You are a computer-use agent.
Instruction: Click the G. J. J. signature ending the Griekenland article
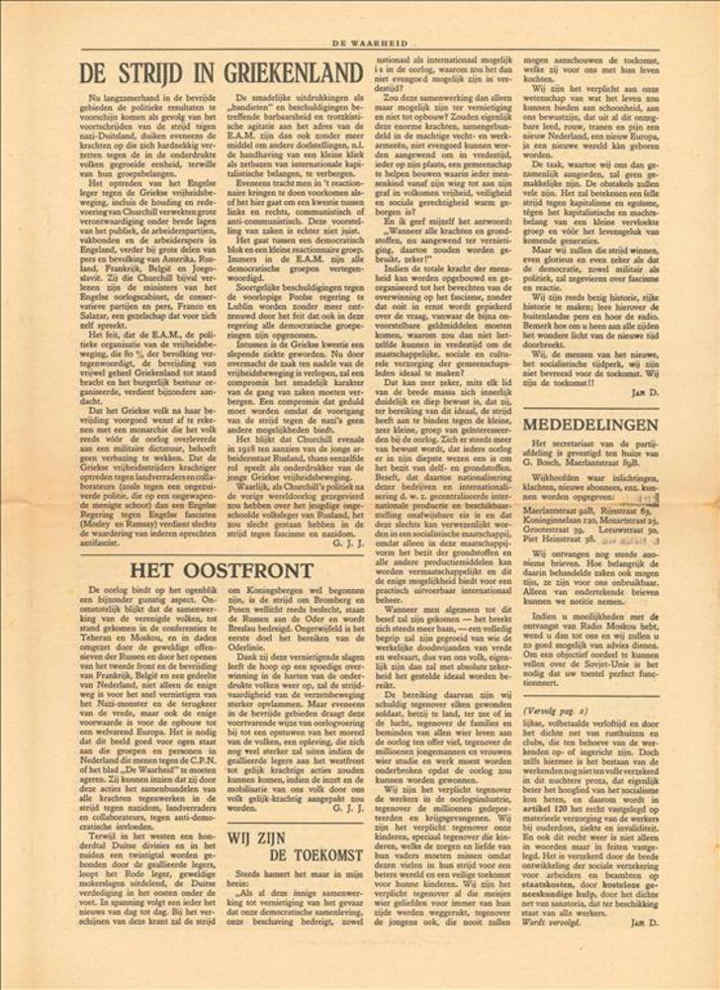pyautogui.click(x=352, y=543)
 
